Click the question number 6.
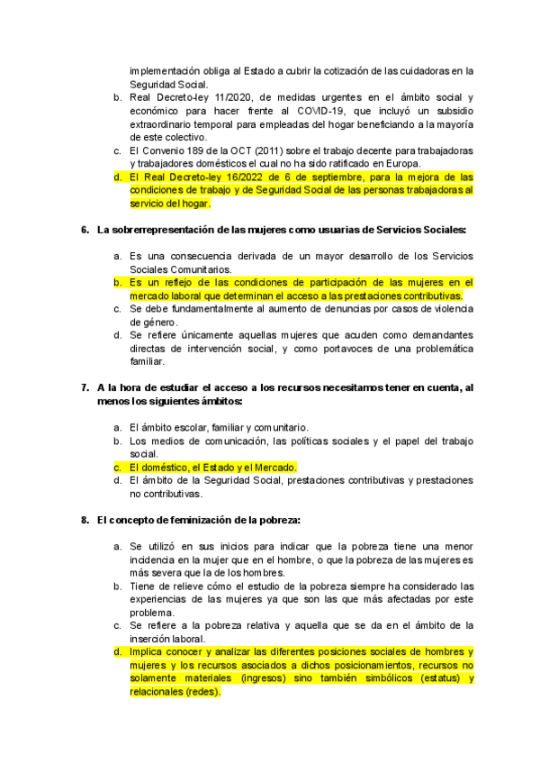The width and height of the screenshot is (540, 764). pos(85,231)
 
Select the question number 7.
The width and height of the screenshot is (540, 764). pos(85,387)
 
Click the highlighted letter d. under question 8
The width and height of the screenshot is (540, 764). pos(118,651)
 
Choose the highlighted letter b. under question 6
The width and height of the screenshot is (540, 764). pos(118,282)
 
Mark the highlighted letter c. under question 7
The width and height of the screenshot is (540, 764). pos(118,467)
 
